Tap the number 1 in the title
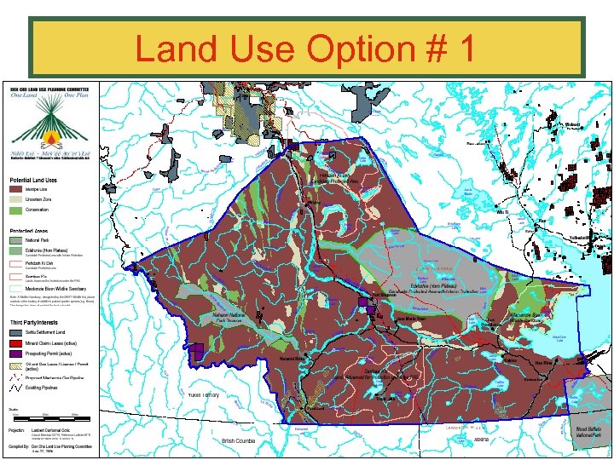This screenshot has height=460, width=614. [x=463, y=49]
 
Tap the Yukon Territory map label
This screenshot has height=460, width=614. [x=203, y=395]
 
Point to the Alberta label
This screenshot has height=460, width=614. [x=481, y=440]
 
